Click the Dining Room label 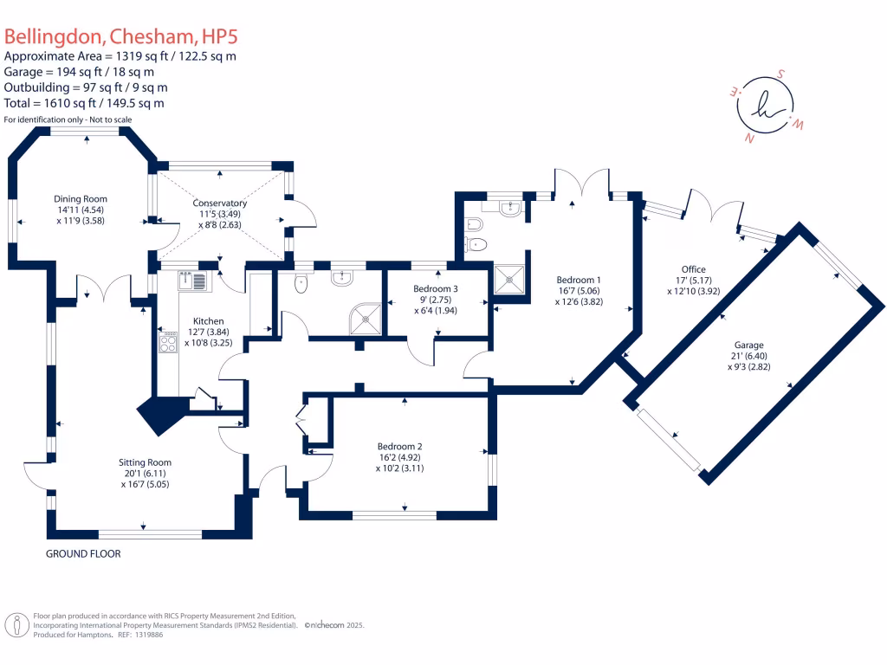[x=81, y=198]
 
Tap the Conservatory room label [x=220, y=203]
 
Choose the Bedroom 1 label [x=579, y=280]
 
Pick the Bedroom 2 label [x=401, y=446]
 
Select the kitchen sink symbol [x=192, y=280]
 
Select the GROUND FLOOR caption [x=83, y=553]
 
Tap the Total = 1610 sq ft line [x=84, y=103]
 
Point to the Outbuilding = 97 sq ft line [x=86, y=87]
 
